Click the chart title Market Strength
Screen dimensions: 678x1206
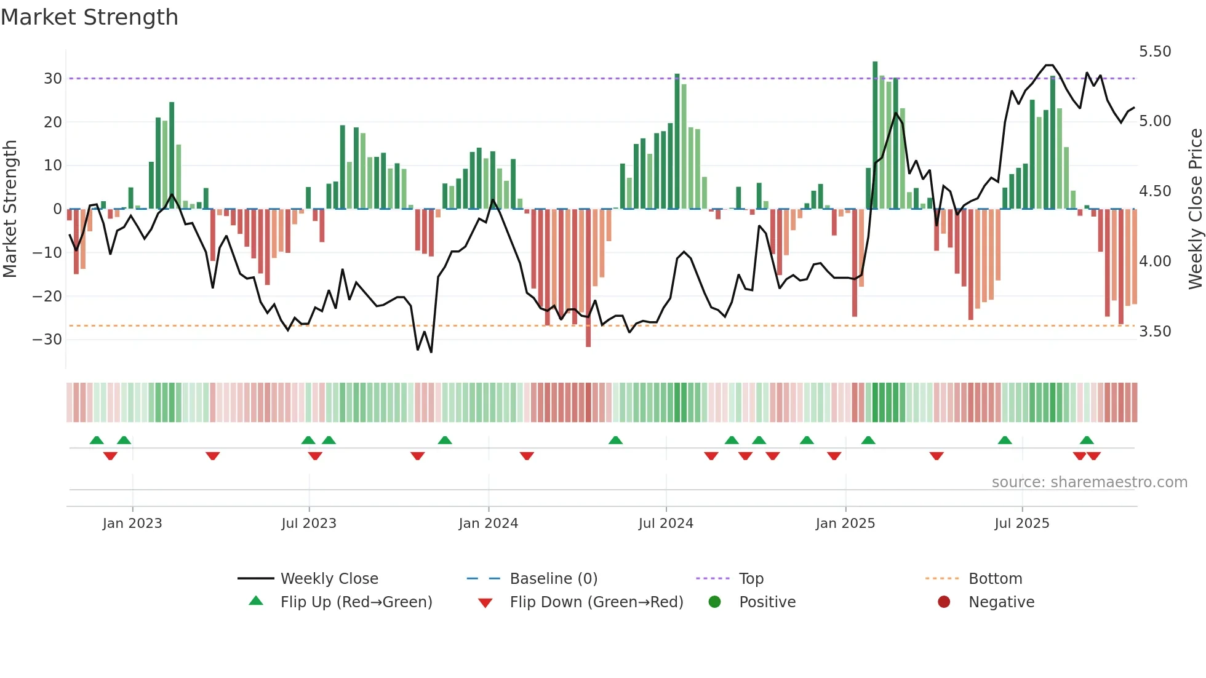click(x=89, y=17)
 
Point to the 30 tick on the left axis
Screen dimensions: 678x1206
click(x=52, y=79)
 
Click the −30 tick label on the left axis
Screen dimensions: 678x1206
click(x=47, y=340)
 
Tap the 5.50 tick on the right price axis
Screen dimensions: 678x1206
click(x=1155, y=52)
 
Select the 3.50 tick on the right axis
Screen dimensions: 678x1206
click(x=1155, y=332)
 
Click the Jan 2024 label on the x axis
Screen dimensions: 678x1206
click(x=488, y=524)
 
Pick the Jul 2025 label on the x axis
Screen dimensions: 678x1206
click(x=1021, y=524)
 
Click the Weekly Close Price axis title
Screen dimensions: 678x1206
click(x=1195, y=209)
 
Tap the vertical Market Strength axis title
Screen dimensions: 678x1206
click(x=10, y=209)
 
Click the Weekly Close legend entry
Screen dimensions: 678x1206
click(x=329, y=579)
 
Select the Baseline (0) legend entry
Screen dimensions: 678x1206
click(x=553, y=579)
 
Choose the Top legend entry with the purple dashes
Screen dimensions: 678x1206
click(x=751, y=579)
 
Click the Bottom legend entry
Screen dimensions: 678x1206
click(x=995, y=579)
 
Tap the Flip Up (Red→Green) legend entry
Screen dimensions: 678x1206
click(x=356, y=602)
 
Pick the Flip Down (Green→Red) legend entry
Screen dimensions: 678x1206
click(x=596, y=602)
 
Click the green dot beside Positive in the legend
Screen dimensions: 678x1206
click(x=714, y=602)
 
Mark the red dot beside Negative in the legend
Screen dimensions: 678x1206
click(x=944, y=602)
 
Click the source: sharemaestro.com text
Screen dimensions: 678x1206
click(x=1089, y=482)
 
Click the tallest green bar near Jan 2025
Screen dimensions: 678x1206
click(x=875, y=135)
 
